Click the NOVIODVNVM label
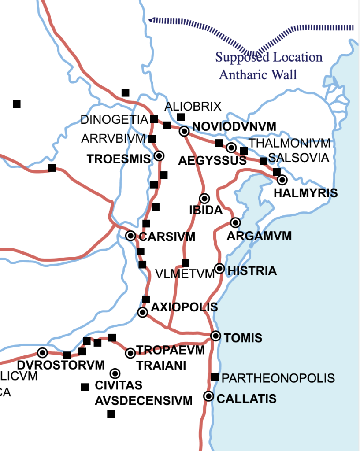tap(234, 127)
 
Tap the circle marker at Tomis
tap(215, 336)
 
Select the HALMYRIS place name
tap(306, 193)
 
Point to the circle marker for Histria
tap(219, 268)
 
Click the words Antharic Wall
tap(258, 74)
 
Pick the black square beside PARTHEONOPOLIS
tap(215, 377)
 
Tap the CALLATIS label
tap(247, 399)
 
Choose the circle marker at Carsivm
tap(130, 236)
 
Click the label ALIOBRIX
tap(193, 107)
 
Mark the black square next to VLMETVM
tap(186, 263)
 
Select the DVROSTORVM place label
tap(61, 365)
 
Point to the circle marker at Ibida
tap(204, 198)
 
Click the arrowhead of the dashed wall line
tap(152, 20)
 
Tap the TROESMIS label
tap(119, 159)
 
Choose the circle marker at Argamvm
tap(235, 222)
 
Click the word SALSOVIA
tap(299, 158)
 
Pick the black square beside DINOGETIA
tap(154, 119)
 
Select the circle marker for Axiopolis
tap(142, 312)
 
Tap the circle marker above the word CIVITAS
tap(115, 373)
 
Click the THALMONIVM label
tap(289, 143)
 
